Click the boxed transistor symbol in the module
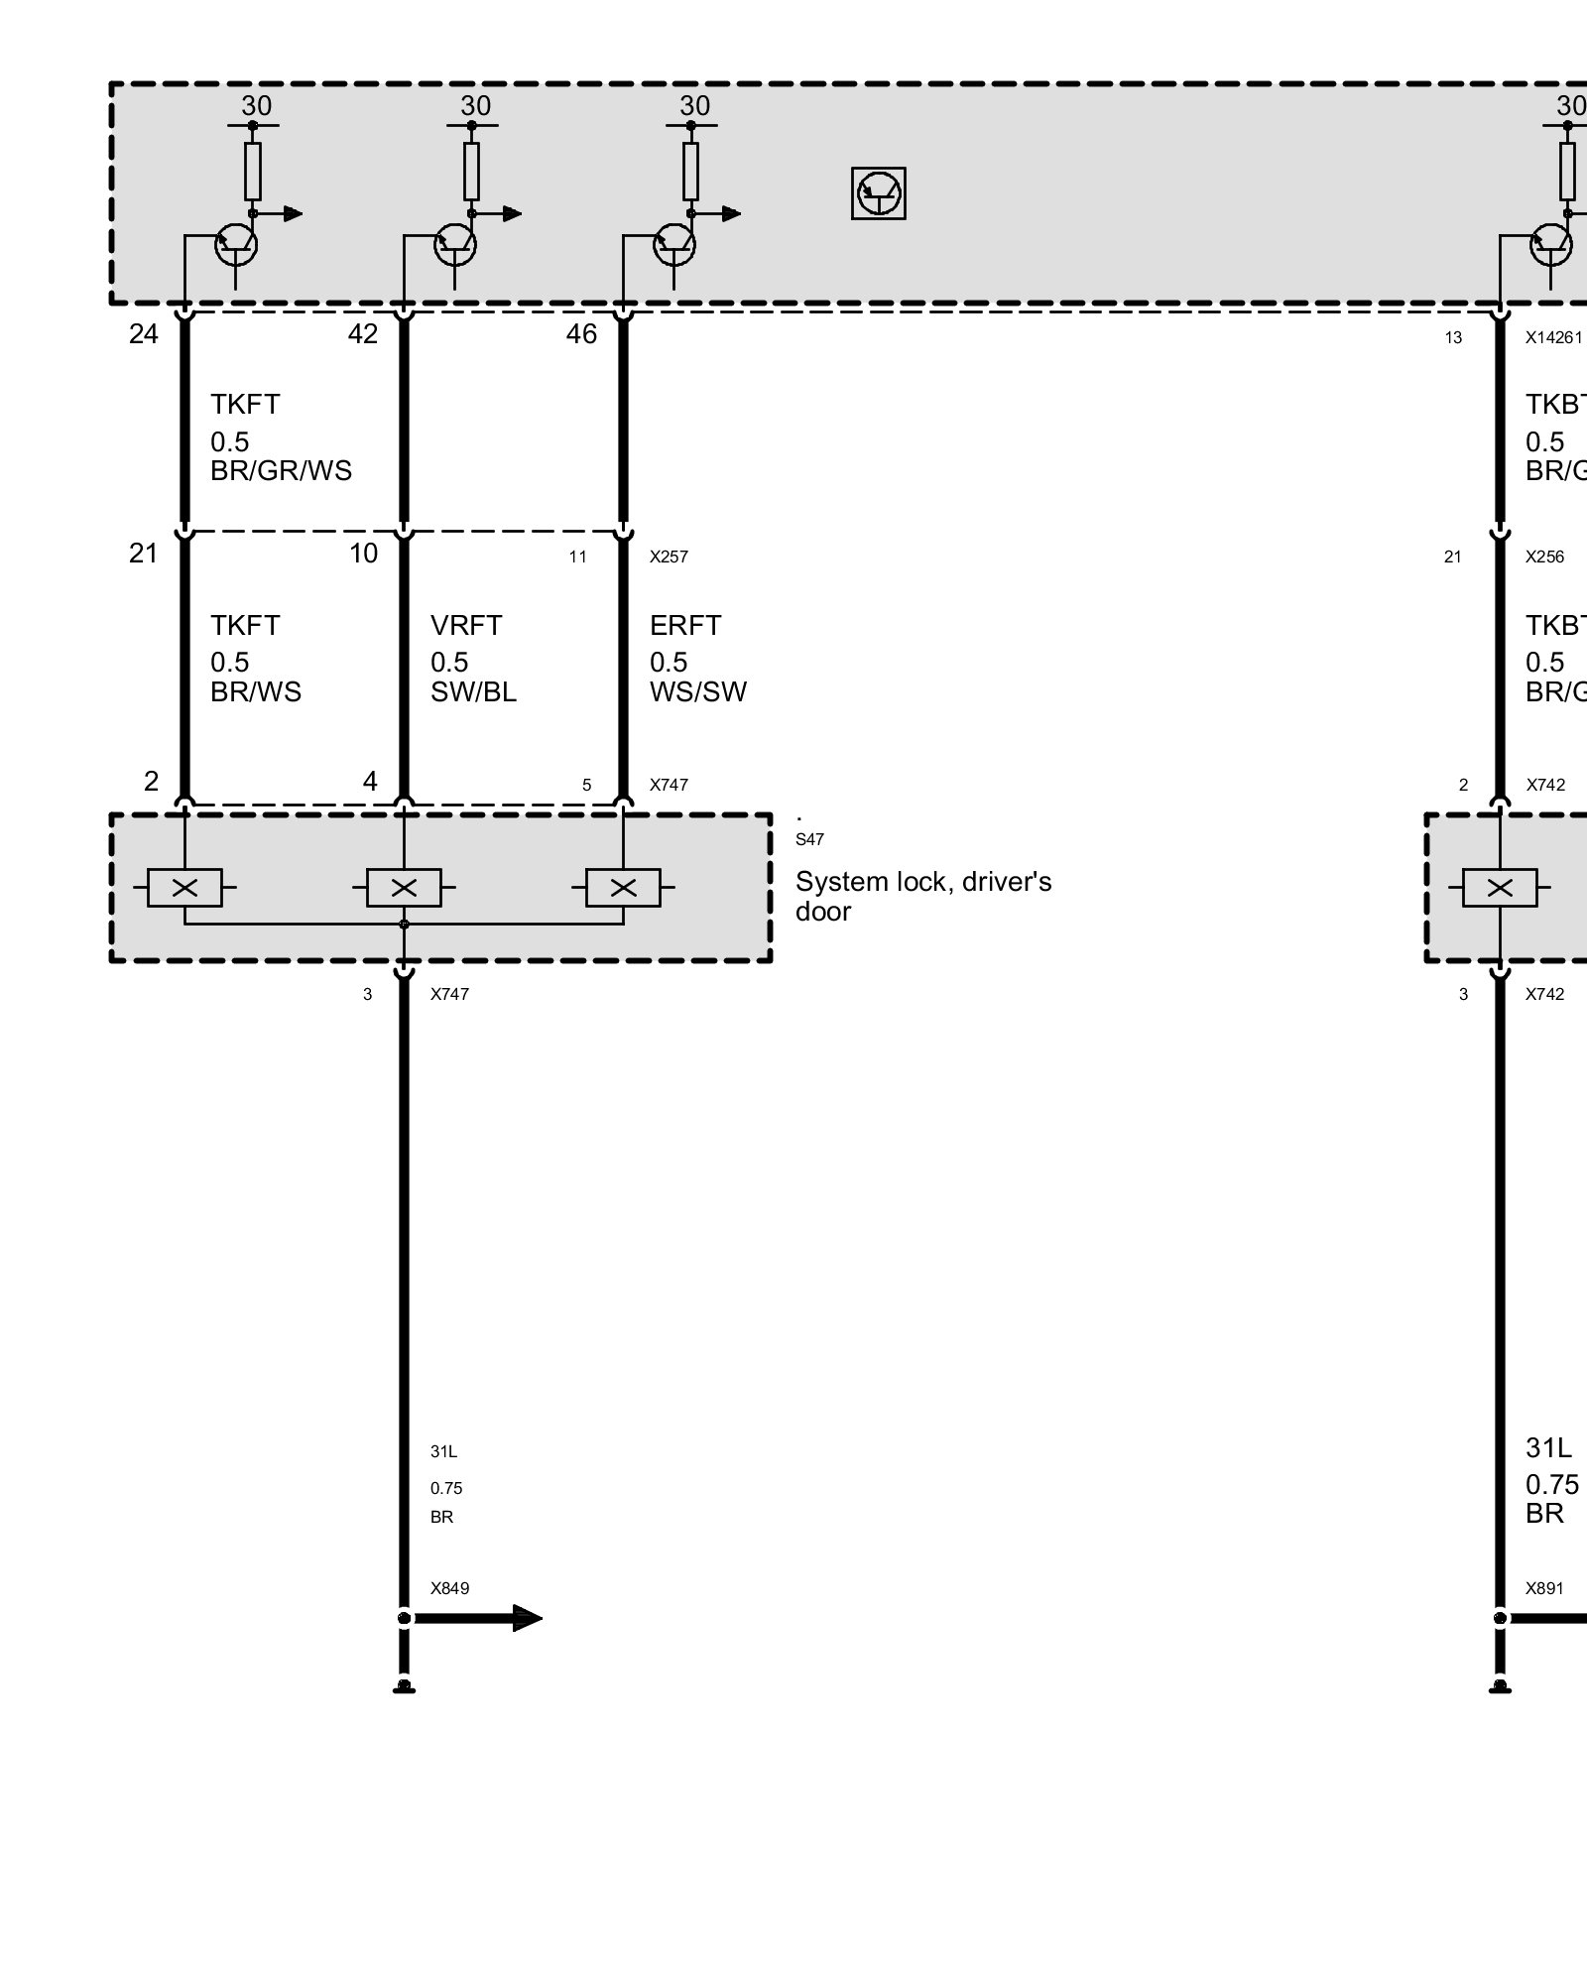[878, 192]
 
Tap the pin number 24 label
[143, 334]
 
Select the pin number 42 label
[362, 334]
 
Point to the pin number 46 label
[581, 334]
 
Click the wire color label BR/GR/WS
[281, 470]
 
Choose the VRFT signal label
[466, 626]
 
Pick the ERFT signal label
[685, 626]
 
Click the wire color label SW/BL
[473, 692]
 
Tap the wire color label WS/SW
[698, 692]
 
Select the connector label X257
[669, 558]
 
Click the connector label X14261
[1553, 338]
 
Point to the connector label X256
[1544, 558]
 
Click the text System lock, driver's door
[922, 896]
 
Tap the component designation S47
[809, 839]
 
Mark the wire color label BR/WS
[255, 692]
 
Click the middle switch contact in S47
[404, 888]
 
